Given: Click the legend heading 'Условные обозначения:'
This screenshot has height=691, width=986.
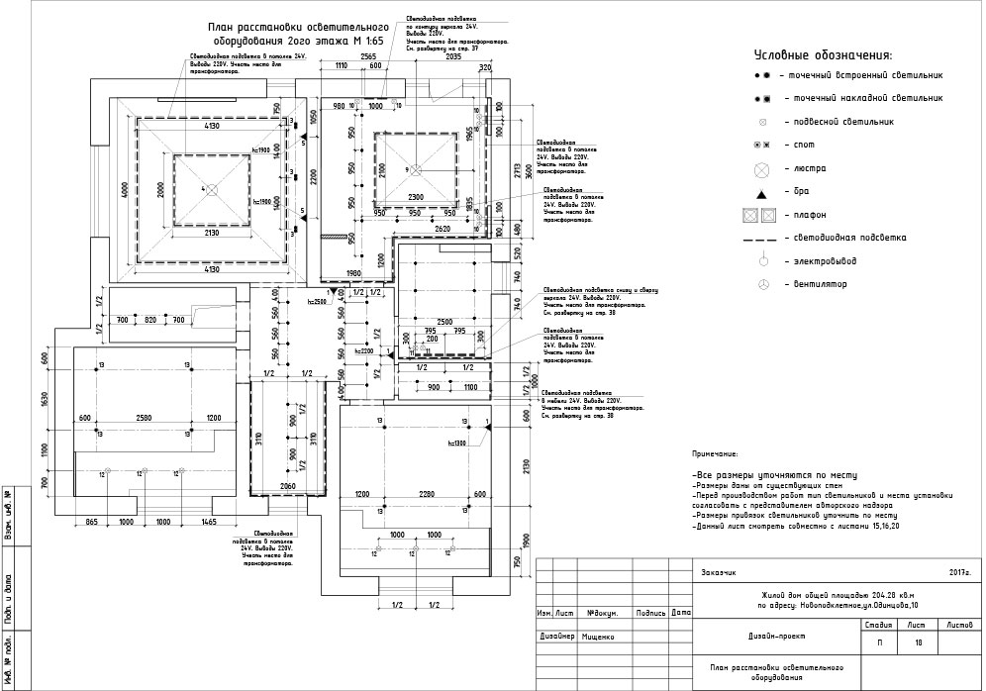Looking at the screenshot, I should point(823,55).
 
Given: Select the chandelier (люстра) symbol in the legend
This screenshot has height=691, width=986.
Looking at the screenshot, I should point(762,169).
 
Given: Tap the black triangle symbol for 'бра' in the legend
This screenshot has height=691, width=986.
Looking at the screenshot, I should point(762,191).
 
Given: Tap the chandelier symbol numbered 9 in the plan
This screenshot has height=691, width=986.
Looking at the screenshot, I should point(417,168).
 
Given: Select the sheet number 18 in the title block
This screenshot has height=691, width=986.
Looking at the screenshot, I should point(919,643).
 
